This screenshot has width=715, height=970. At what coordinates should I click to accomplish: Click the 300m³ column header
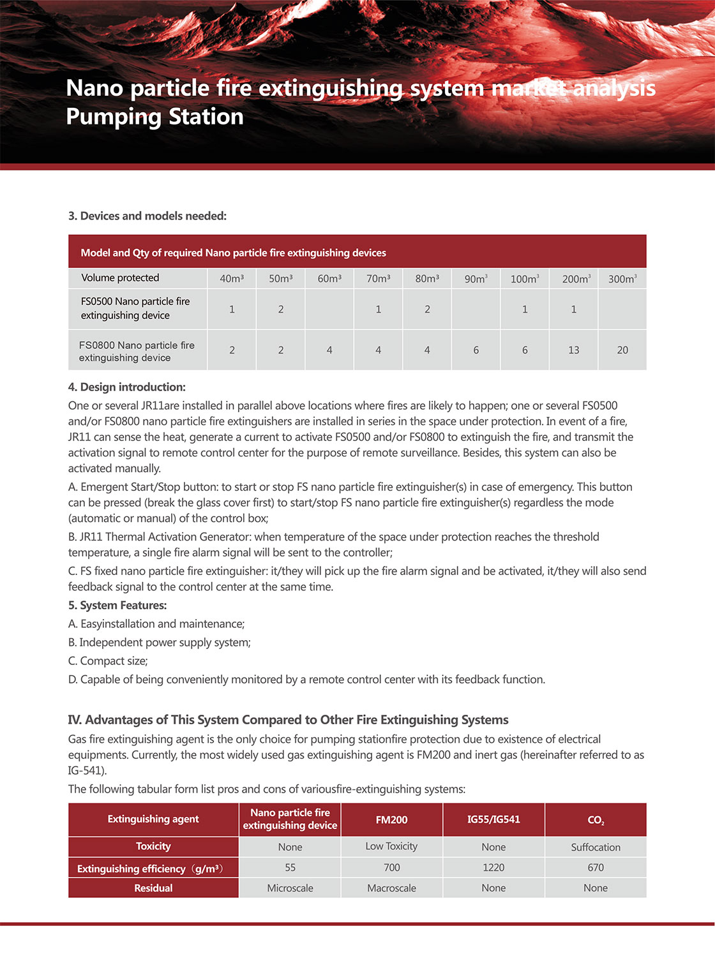(622, 279)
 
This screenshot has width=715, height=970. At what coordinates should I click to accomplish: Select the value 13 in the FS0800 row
(573, 350)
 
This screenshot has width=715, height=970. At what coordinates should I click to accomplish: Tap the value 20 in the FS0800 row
(622, 350)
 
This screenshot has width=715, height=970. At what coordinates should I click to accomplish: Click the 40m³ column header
(232, 279)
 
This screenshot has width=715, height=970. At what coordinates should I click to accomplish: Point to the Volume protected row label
(120, 278)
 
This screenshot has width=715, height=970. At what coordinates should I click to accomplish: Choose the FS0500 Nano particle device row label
(135, 308)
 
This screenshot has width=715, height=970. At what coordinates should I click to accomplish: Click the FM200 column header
(391, 820)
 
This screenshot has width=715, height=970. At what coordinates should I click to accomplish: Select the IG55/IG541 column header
(493, 819)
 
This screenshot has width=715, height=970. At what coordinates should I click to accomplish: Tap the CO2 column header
(596, 820)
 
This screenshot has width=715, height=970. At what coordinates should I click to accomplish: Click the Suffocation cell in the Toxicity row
(596, 847)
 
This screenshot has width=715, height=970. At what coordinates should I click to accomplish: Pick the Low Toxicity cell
(391, 846)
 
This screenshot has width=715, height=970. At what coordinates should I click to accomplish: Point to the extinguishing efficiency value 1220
(493, 868)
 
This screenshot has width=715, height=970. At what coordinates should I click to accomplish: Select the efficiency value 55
(290, 868)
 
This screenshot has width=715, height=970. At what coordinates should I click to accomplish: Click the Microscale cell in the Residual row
(290, 888)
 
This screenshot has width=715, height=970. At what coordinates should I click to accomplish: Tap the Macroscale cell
(391, 888)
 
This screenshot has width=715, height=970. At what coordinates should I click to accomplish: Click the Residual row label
(153, 888)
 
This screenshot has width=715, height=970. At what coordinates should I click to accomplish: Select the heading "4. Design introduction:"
(127, 387)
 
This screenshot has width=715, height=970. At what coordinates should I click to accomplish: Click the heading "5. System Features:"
(117, 606)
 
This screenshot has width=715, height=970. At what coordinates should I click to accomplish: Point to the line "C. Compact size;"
(108, 661)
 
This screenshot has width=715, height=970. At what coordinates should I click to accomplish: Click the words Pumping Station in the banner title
(155, 117)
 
